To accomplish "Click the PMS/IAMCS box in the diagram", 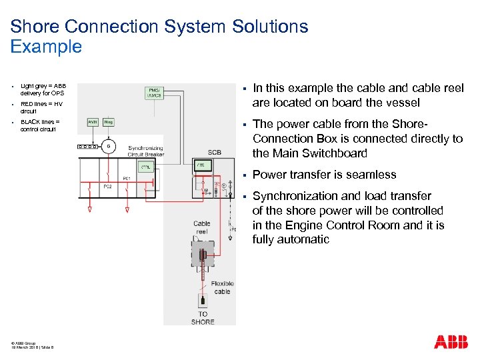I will (155, 93).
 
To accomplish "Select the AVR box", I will (93, 122).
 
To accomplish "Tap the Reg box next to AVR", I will (109, 122).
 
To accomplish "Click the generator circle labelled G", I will (109, 146).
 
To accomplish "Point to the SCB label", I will (215, 153).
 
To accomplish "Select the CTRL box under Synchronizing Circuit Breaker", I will (145, 167).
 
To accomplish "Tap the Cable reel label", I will (201, 227).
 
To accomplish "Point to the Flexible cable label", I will (222, 287).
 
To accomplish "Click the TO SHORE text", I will (203, 317).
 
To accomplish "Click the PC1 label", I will (127, 178).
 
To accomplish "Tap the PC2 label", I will (107, 187).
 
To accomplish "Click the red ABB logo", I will (451, 343).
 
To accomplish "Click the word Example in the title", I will (46, 47).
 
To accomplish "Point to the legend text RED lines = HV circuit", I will (41, 107).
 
